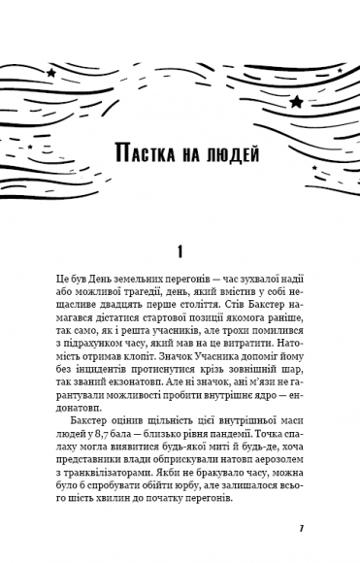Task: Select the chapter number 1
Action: (x=180, y=251)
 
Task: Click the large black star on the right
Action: (x=296, y=100)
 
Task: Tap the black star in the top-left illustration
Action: (x=50, y=72)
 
